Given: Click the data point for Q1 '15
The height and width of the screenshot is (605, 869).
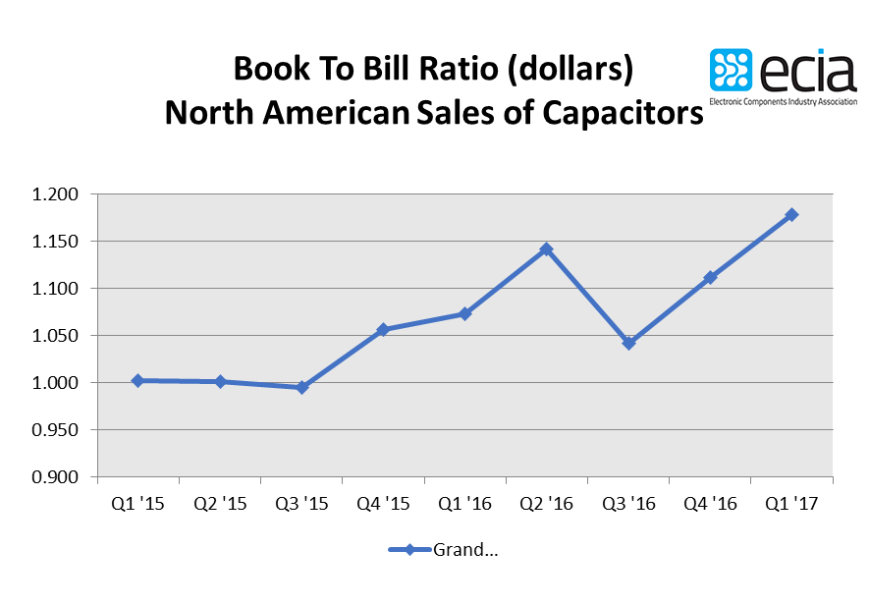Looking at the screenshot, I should pyautogui.click(x=137, y=380).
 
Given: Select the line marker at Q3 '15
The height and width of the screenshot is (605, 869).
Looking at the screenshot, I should pyautogui.click(x=301, y=387).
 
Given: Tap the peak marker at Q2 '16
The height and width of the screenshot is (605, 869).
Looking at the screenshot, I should pyautogui.click(x=547, y=249).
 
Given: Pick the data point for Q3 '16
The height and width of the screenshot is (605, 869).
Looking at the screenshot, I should pyautogui.click(x=628, y=343).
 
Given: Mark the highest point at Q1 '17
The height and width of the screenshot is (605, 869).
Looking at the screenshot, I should pyautogui.click(x=792, y=214).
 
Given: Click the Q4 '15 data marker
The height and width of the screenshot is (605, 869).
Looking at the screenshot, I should pyautogui.click(x=383, y=330).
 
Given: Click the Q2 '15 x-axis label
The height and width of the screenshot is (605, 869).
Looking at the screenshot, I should pyautogui.click(x=220, y=503).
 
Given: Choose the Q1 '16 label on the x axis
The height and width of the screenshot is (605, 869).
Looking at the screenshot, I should pyautogui.click(x=465, y=503).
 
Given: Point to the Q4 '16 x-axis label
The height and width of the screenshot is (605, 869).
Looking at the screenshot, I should pyautogui.click(x=710, y=503).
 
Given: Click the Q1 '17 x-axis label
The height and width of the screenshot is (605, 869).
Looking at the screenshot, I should pyautogui.click(x=792, y=503).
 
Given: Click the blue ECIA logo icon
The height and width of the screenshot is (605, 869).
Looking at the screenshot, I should pyautogui.click(x=732, y=71).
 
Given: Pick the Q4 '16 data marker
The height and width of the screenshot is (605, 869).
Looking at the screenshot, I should pyautogui.click(x=710, y=278).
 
